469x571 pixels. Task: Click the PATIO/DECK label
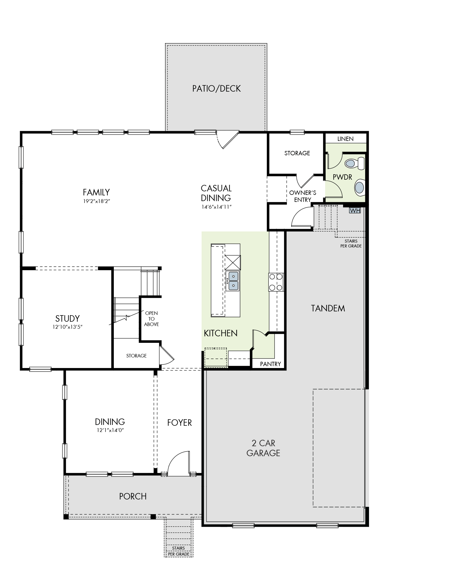coord(216,89)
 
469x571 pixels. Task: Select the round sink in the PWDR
coord(360,187)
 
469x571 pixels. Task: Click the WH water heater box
coord(355,210)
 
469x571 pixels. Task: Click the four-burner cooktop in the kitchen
coord(276,282)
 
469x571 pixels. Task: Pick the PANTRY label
coord(270,364)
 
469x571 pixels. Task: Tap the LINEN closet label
coord(345,139)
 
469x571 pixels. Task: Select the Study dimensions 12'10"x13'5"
coord(67,327)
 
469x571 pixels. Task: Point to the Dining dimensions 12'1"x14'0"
coord(110,430)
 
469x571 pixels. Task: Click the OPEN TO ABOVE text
coord(151,319)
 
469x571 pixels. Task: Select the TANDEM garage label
coord(328,308)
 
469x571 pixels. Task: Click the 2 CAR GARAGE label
coord(263,448)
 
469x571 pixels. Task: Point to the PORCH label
coord(133,496)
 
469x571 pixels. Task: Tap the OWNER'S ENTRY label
coord(303,196)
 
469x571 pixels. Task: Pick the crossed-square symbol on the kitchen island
coord(233,262)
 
